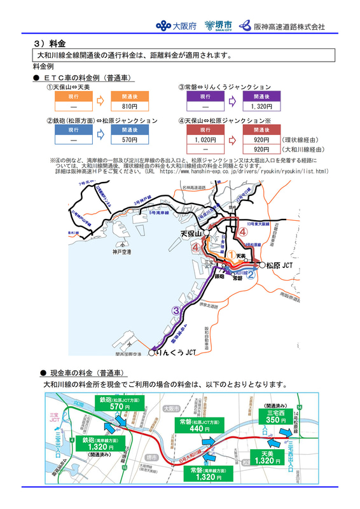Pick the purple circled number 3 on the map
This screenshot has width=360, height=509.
tap(176, 310)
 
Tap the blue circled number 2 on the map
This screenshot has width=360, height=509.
tap(251, 274)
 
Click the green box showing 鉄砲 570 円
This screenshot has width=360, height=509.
tap(120, 403)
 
